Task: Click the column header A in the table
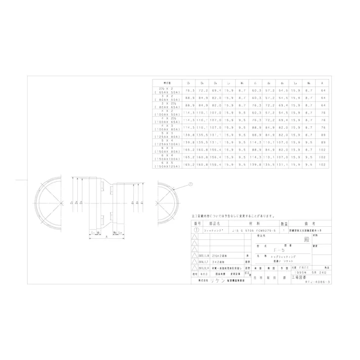click(322, 82)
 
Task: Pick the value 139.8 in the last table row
click(255, 164)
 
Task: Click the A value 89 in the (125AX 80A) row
click(322, 136)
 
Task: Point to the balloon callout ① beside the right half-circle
click(191, 185)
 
